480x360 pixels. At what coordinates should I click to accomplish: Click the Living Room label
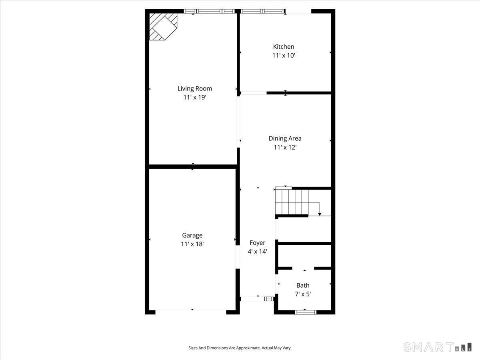(194, 88)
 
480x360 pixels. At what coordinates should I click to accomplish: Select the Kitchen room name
(284, 47)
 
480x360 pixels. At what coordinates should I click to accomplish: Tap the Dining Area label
(285, 138)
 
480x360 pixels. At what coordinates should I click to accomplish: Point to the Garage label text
(192, 235)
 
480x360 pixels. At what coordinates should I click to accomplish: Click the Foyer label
(257, 243)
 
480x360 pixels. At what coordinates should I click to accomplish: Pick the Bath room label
(303, 285)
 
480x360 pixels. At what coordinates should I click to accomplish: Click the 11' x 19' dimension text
(194, 97)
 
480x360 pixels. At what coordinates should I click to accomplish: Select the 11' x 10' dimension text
(284, 56)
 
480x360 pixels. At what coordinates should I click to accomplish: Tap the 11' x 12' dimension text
(285, 147)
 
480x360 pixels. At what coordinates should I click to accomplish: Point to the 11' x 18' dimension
(192, 244)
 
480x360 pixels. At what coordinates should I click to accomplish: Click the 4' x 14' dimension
(257, 252)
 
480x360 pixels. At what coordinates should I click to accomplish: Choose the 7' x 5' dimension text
(303, 294)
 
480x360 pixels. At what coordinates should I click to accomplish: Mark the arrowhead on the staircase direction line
(320, 214)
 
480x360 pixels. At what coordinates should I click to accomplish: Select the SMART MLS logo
(437, 347)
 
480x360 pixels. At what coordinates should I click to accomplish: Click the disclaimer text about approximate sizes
(240, 348)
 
